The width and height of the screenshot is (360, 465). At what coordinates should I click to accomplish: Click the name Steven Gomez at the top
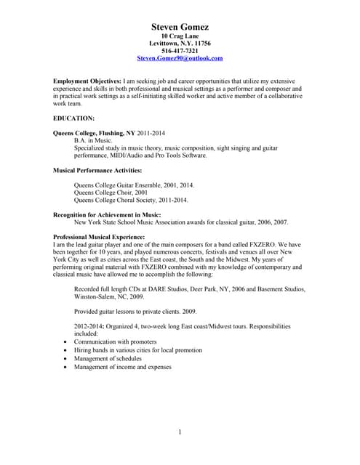click(x=180, y=27)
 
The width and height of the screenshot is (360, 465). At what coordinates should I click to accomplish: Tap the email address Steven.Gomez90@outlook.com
click(x=180, y=58)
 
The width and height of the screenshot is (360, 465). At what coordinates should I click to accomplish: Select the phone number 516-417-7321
click(x=180, y=51)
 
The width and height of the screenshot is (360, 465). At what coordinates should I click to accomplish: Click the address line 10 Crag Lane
click(x=180, y=36)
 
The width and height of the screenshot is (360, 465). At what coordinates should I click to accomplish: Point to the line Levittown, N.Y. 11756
click(x=180, y=44)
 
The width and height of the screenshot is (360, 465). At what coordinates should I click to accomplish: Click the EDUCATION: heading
click(x=73, y=117)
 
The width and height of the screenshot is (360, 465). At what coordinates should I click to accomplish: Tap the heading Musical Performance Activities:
click(x=97, y=170)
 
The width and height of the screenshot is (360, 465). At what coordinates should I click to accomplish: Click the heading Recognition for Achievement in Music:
click(x=107, y=214)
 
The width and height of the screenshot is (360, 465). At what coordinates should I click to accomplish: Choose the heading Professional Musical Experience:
click(x=99, y=238)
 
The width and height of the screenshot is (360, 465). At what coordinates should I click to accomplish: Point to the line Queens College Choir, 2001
click(x=111, y=193)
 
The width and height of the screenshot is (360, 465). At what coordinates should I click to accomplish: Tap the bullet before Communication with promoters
click(x=66, y=341)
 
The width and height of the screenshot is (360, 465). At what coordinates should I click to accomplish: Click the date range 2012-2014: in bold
click(x=90, y=325)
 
